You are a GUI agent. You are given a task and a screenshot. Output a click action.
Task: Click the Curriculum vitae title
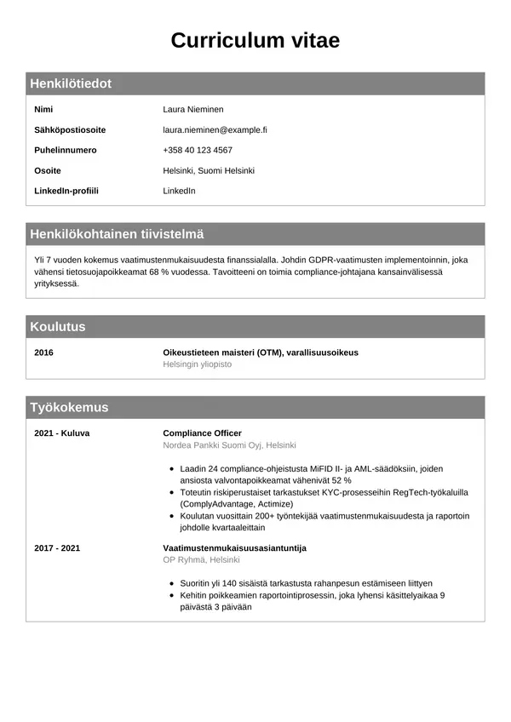click(x=255, y=40)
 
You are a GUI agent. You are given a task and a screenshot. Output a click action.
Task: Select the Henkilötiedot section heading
click(x=71, y=83)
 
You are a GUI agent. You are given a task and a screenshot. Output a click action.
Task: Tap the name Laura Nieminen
click(x=193, y=109)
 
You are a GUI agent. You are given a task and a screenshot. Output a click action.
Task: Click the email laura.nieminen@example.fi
click(x=215, y=129)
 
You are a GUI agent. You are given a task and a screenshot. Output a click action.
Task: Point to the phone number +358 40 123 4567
click(x=198, y=150)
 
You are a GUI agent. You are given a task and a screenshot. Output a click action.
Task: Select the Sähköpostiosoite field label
click(x=70, y=129)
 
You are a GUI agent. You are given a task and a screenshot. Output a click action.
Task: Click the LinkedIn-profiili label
click(x=66, y=191)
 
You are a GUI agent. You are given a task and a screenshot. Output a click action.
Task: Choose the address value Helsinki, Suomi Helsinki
click(x=209, y=170)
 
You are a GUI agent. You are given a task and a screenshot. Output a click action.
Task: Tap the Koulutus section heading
click(x=58, y=327)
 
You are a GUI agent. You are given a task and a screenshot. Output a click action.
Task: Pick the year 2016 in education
click(x=43, y=352)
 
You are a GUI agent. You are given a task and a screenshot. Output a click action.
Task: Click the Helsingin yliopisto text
click(x=197, y=364)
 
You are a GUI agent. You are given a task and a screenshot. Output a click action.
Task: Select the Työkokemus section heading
click(x=69, y=408)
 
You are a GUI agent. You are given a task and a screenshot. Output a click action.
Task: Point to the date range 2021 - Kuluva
click(x=61, y=433)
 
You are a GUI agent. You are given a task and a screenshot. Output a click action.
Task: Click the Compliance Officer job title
click(x=202, y=433)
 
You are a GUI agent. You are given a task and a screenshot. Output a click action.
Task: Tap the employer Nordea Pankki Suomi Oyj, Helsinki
click(x=229, y=445)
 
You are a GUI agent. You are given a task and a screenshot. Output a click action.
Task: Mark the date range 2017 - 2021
click(x=57, y=547)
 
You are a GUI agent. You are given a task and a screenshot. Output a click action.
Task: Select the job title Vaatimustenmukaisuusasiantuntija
click(x=234, y=547)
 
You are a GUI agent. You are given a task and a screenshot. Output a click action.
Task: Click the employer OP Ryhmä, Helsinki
click(x=201, y=559)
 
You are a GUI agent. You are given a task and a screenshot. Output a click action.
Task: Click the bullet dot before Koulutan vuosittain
click(x=173, y=517)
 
